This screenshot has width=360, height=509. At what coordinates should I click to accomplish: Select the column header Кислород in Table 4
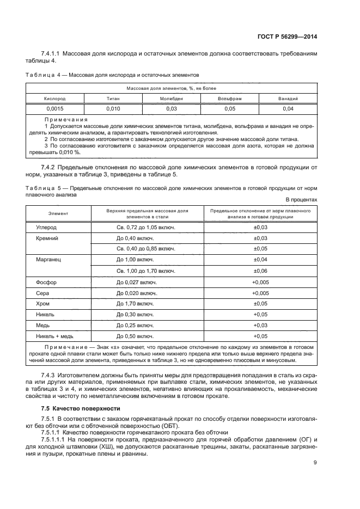54,99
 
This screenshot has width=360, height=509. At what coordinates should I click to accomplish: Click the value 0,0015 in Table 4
54,109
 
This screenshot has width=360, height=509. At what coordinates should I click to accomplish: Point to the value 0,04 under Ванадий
288,109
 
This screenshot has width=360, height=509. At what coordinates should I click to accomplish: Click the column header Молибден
171,99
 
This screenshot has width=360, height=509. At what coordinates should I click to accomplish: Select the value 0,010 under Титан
113,109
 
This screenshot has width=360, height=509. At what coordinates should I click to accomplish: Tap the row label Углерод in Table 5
46,227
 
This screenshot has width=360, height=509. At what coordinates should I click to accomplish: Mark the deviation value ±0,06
260,271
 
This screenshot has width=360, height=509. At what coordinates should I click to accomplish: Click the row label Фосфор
46,282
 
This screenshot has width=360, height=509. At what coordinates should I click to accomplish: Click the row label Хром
42,303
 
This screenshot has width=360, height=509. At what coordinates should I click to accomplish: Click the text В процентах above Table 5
301,200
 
